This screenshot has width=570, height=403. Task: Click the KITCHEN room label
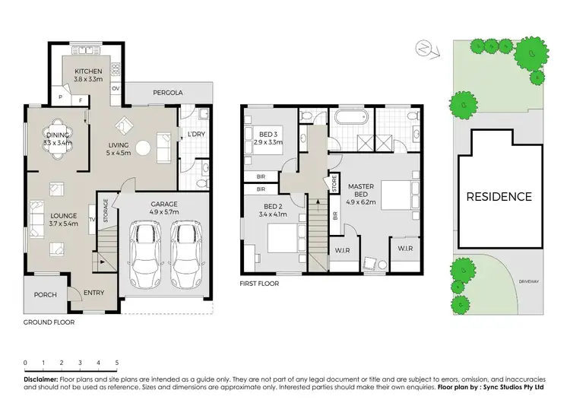tap(88, 71)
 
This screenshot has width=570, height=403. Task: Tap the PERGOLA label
tap(168, 93)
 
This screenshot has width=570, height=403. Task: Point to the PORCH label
tap(44, 294)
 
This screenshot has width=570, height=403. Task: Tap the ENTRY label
tap(94, 294)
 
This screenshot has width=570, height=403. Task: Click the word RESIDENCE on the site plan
tap(499, 196)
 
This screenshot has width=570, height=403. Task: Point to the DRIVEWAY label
tap(529, 282)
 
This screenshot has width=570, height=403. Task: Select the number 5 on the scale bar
tap(117, 362)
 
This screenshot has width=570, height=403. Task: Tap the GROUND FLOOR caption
tap(49, 322)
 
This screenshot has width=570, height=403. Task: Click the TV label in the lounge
tap(92, 221)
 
